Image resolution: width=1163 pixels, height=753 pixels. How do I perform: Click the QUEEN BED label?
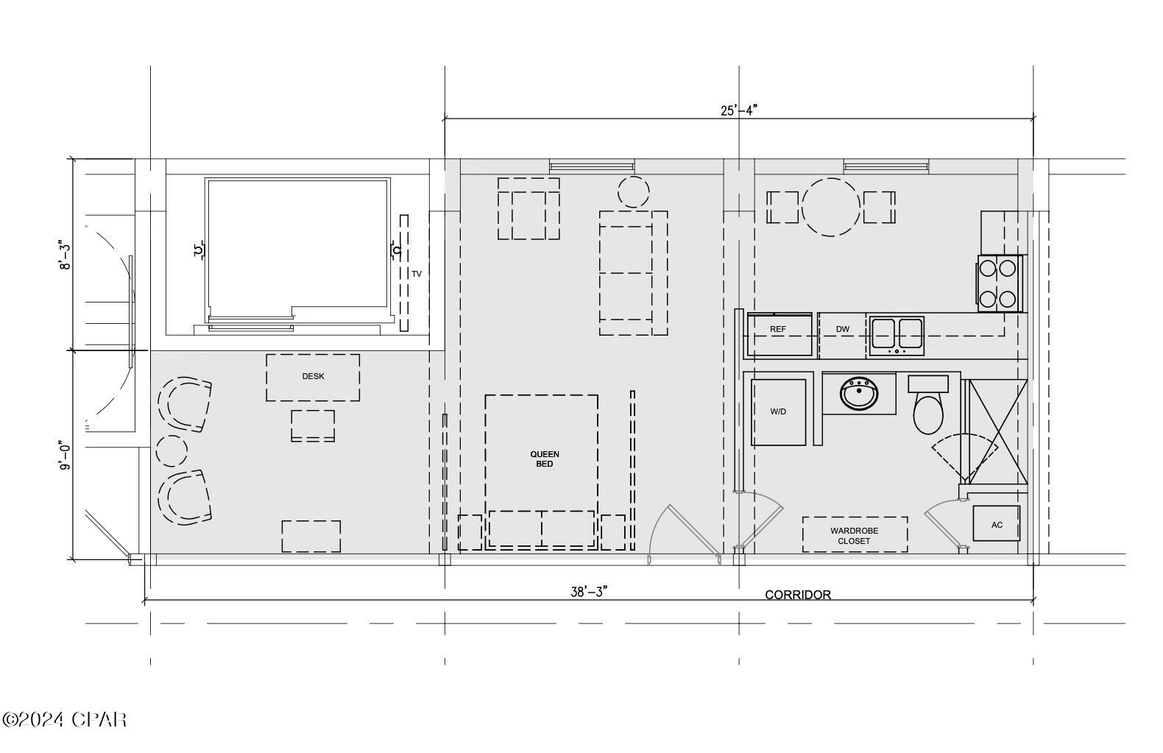[545, 459]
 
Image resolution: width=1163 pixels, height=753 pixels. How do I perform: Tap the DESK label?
[313, 376]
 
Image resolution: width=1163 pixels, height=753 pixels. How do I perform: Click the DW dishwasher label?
[843, 329]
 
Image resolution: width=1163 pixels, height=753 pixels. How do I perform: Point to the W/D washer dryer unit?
[778, 412]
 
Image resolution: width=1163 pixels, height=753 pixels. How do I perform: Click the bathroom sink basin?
[859, 395]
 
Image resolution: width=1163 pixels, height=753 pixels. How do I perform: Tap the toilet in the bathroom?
[928, 412]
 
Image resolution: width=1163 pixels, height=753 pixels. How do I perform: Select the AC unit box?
[996, 524]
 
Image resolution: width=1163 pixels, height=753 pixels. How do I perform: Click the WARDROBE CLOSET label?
[854, 535]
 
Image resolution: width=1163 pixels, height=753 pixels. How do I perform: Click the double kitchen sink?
[897, 335]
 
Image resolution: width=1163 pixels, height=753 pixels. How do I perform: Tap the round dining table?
[831, 207]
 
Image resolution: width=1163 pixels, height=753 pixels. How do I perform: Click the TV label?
[417, 274]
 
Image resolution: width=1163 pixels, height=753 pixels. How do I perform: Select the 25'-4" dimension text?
[738, 110]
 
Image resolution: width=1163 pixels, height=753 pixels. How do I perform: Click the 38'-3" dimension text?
[588, 592]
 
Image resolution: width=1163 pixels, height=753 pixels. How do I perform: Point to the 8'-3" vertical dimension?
[66, 255]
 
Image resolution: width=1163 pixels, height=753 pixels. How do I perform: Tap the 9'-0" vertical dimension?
[66, 456]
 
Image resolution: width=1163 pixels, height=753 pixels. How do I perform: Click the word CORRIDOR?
[798, 595]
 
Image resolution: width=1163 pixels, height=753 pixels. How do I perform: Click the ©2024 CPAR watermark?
[64, 719]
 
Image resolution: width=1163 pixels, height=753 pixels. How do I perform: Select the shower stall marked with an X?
[997, 431]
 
